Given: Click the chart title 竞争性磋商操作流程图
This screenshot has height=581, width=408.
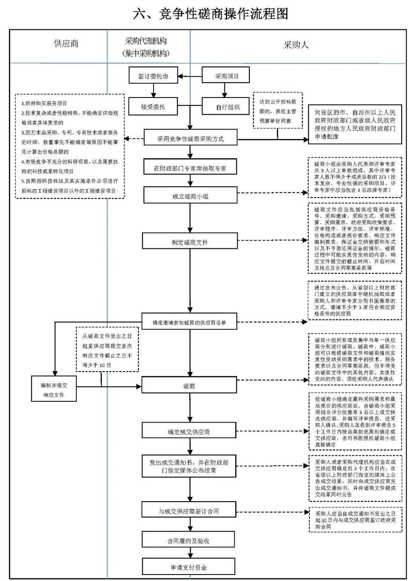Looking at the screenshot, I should pos(210,14).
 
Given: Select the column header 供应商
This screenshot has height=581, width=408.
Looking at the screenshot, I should pos(66,43).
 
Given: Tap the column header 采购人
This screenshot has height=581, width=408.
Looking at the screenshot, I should pos(296,45).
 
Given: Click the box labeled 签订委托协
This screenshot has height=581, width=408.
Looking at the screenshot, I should pos(153,76).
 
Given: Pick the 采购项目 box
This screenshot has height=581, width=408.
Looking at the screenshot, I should pos(226,76).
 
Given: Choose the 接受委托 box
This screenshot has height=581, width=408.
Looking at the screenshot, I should pos(153,107).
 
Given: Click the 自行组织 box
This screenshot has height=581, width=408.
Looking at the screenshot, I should pos(226,107).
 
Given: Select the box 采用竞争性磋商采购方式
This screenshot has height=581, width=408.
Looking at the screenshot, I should pos(190,138).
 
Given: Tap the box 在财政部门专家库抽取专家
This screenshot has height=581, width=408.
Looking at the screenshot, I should pos(190,168).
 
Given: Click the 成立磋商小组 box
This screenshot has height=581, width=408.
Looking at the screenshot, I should pos(190,196).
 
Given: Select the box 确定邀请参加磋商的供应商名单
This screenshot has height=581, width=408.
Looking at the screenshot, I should pos(189,322).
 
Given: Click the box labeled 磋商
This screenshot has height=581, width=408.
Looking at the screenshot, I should pos(189,386).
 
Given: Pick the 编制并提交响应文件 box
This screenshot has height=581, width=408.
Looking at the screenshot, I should pos(54,390).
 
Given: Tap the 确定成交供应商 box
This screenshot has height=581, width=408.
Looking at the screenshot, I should pos(189,432).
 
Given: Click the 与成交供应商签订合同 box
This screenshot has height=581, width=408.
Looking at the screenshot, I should pos(189,511).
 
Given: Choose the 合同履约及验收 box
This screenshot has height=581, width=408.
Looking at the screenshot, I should pos(189,541).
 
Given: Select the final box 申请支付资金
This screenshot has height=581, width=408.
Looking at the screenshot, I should pos(189,567).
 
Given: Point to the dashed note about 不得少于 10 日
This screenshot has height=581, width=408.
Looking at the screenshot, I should pos(107,350).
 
